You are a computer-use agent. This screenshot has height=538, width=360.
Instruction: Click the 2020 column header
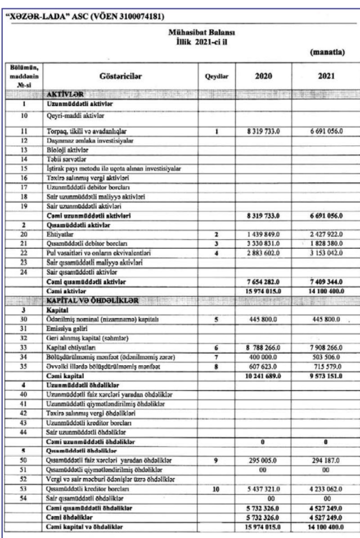pos(263,77)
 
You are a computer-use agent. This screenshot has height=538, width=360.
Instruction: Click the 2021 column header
pos(320,77)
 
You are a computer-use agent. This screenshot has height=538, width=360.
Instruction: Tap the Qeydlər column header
pos(216,77)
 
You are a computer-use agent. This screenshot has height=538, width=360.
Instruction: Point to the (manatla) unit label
pos(328,52)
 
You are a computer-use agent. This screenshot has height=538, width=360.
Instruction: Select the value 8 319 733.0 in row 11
pos(263,132)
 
